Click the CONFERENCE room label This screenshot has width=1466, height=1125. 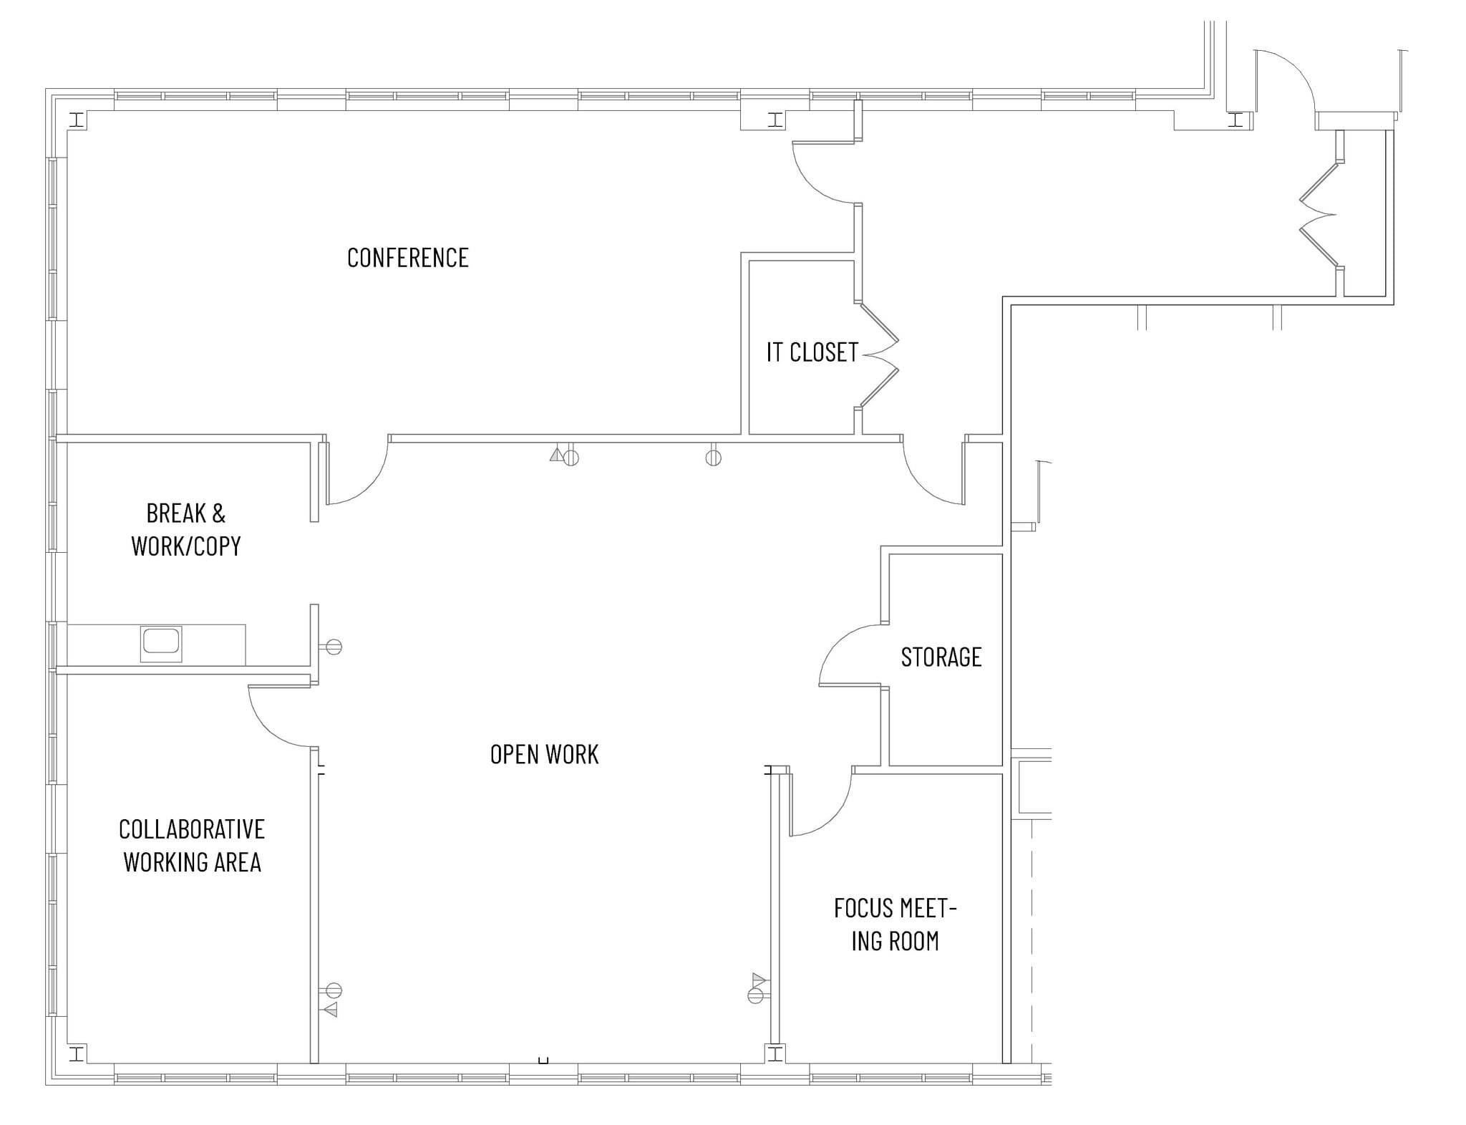coord(407,258)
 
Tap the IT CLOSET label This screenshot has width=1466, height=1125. coord(812,352)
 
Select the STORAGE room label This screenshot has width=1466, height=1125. coord(941,657)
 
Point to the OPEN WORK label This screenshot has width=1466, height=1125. coord(544,754)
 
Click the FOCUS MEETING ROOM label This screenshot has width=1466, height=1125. coord(895,924)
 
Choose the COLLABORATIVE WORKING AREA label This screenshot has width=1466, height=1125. coord(192,846)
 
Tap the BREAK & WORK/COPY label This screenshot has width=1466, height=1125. coord(186,530)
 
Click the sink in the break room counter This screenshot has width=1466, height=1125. coord(161,643)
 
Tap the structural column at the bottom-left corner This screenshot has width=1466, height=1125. coord(77,1053)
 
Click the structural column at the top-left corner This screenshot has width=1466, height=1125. coord(77,120)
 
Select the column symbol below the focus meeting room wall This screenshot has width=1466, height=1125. coord(775,1053)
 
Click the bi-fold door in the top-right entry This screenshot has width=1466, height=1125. coord(1319,214)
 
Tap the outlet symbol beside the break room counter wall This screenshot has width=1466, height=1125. coord(333,647)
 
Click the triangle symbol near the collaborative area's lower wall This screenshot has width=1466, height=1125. coord(330,1010)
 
